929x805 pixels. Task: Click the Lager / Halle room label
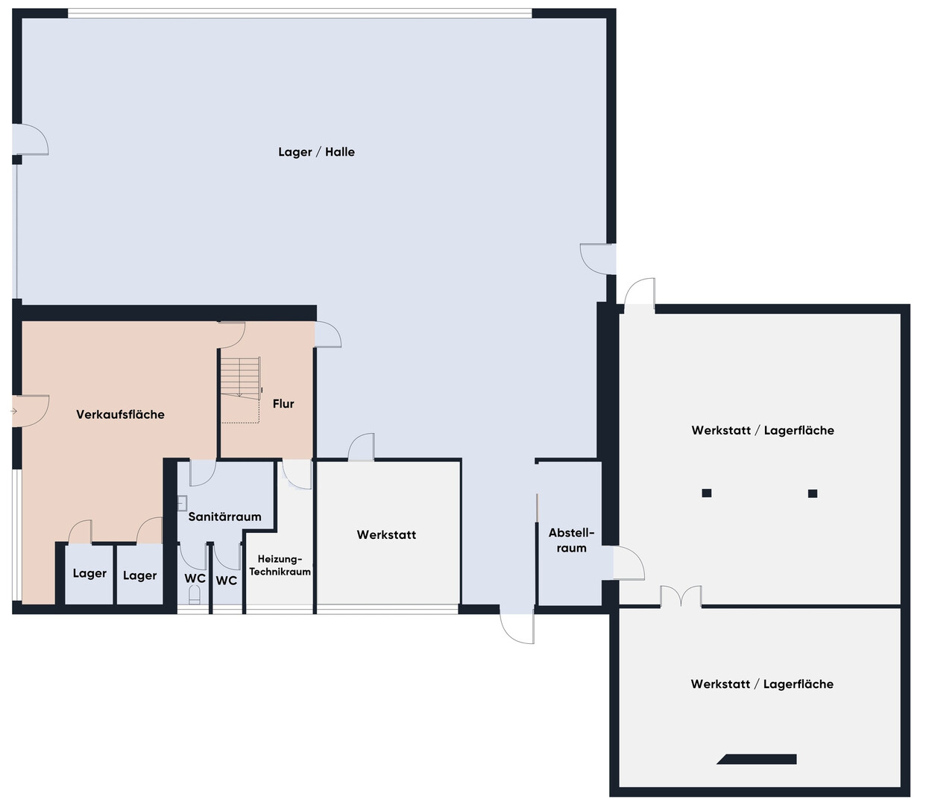tap(316, 152)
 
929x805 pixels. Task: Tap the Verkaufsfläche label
tap(120, 414)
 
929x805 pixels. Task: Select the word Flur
tap(283, 403)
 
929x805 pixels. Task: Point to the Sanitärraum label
tap(224, 517)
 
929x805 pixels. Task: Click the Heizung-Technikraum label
tap(280, 565)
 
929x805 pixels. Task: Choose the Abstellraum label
tap(571, 540)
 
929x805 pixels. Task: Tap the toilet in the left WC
tap(195, 595)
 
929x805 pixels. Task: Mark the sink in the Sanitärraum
tap(182, 503)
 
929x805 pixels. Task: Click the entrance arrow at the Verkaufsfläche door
tap(13, 411)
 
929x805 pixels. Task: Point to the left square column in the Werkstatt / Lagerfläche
tap(707, 493)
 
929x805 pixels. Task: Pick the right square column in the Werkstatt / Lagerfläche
tap(813, 493)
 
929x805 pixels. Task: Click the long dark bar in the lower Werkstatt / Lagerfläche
tap(757, 760)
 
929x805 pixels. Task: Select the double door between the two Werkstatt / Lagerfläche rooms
tap(681, 596)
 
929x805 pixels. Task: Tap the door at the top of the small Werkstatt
tap(361, 447)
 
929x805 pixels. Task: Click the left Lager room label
tap(89, 573)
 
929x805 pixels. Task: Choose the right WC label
tap(226, 581)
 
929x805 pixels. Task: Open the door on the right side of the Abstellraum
tap(629, 563)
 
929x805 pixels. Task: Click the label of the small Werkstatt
tap(386, 534)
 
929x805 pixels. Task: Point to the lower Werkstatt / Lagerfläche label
tap(762, 684)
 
